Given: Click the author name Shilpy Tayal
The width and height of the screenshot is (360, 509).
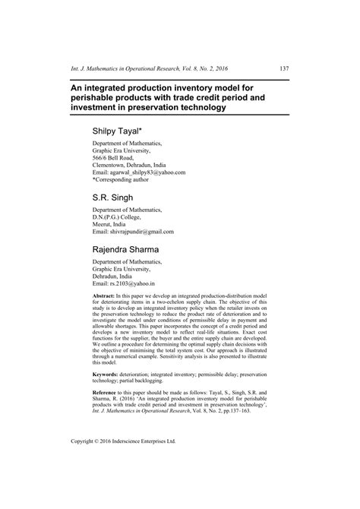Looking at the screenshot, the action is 124,131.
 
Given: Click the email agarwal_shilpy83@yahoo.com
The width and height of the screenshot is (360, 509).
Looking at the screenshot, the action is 148,172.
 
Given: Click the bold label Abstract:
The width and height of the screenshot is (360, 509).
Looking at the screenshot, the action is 106,294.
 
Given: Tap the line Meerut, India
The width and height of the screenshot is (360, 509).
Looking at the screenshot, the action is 115,223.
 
